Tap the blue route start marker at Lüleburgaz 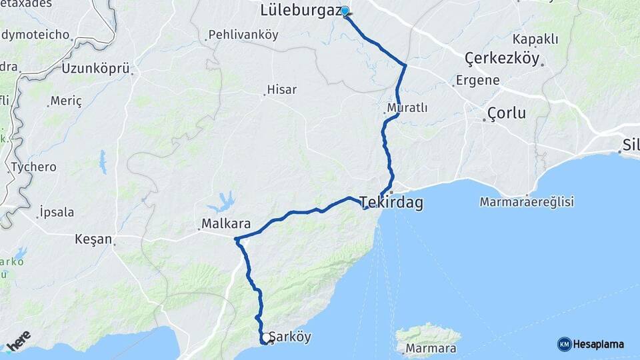tap(345, 11)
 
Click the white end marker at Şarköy tap(265, 338)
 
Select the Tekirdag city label tap(391, 203)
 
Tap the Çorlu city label tap(507, 113)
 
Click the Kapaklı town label tap(535, 39)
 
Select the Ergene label tap(477, 81)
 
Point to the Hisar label tap(281, 90)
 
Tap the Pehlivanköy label tap(243, 34)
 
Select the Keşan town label tap(93, 239)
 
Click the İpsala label tap(57, 213)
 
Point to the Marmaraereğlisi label tap(527, 201)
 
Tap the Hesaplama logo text tap(598, 345)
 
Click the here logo tap(18, 341)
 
